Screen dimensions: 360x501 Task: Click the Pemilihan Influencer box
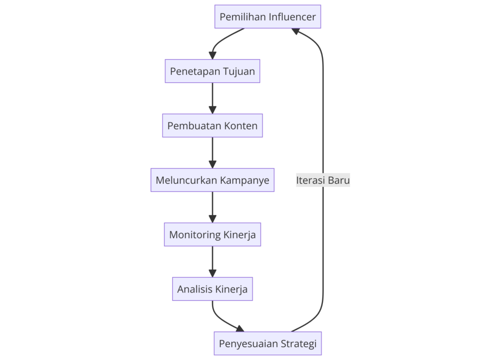click(268, 17)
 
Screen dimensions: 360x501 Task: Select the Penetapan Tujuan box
click(212, 71)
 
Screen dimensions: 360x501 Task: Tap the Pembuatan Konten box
click(212, 126)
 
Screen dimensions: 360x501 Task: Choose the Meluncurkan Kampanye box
click(212, 180)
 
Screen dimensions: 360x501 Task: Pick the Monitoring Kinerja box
click(212, 234)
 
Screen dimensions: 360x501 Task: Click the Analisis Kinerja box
click(212, 289)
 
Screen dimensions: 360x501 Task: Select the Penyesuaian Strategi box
click(268, 343)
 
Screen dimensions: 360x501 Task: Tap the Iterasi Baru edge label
click(323, 180)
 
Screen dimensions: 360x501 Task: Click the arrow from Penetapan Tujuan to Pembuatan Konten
click(212, 98)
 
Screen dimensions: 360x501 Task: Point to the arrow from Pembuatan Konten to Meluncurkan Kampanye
click(212, 153)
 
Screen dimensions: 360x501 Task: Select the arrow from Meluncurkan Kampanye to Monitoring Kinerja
click(212, 207)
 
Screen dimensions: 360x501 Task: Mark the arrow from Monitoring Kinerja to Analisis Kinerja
click(212, 261)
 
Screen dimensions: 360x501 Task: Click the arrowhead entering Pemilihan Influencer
click(296, 31)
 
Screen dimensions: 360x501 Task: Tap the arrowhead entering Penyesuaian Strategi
click(240, 329)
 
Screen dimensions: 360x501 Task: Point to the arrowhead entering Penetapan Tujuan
click(212, 55)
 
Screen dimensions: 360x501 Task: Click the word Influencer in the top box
click(293, 17)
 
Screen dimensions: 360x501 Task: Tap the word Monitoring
click(195, 234)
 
